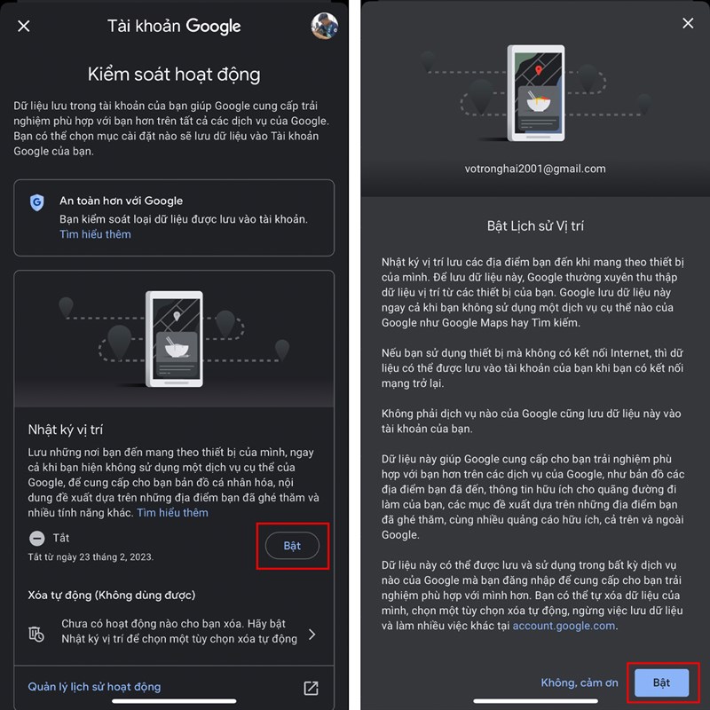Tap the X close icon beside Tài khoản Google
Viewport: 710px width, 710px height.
24,27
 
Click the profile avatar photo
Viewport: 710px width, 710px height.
324,26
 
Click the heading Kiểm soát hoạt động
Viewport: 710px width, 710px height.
174,75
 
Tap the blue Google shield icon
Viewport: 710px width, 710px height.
37,202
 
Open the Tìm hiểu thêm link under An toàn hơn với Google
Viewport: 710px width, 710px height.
95,234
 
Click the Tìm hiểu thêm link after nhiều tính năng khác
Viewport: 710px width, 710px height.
172,513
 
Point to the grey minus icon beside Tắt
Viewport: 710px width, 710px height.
37,539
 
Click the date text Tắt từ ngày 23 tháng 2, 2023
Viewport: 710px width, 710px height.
91,557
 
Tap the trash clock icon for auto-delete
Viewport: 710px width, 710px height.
36,634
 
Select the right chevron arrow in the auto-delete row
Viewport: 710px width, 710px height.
312,634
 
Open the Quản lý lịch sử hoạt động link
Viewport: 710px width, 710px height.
94,687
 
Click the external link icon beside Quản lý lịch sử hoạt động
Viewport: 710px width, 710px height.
311,688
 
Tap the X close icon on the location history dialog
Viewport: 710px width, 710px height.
688,23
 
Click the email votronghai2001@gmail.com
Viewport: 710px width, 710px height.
535,169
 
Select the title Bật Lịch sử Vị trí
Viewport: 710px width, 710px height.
535,226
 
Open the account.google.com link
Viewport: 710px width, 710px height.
564,626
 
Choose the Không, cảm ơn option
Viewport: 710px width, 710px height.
580,682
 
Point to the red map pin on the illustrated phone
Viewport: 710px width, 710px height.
539,70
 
